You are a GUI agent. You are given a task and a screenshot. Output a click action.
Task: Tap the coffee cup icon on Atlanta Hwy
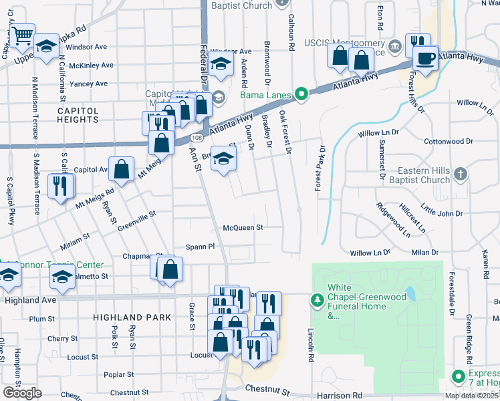425,58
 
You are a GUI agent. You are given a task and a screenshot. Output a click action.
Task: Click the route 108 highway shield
195,137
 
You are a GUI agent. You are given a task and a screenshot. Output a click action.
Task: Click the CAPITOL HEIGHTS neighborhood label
78,114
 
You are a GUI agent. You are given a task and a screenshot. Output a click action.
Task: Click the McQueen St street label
243,227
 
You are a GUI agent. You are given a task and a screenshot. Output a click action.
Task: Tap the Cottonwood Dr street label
449,142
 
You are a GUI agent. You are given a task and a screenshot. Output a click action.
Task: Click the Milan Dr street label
425,253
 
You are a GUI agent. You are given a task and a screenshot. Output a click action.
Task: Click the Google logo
23,393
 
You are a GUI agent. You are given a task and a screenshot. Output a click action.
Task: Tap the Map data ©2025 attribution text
471,396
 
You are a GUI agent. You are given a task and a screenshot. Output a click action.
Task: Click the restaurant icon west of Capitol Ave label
61,186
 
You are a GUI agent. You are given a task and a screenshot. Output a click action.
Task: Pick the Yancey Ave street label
88,84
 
